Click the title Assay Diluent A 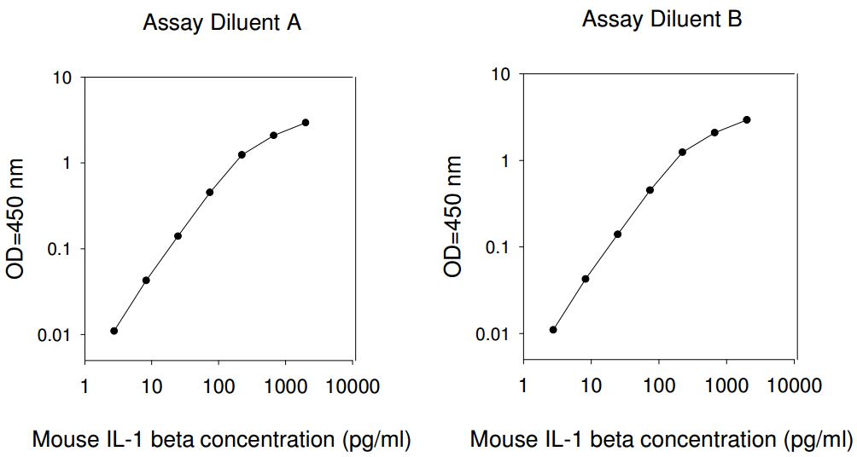coord(221,23)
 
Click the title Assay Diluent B coord(662,20)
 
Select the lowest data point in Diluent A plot coord(114,331)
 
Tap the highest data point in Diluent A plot coord(306,123)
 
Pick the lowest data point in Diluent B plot coord(553,329)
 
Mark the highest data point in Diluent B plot coord(747,119)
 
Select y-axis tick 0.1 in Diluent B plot coord(503,247)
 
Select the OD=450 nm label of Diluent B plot coord(453,217)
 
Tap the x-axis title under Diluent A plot coord(221,440)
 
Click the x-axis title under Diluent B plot coord(661,440)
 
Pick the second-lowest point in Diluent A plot coord(146,280)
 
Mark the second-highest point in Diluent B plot coord(714,132)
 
